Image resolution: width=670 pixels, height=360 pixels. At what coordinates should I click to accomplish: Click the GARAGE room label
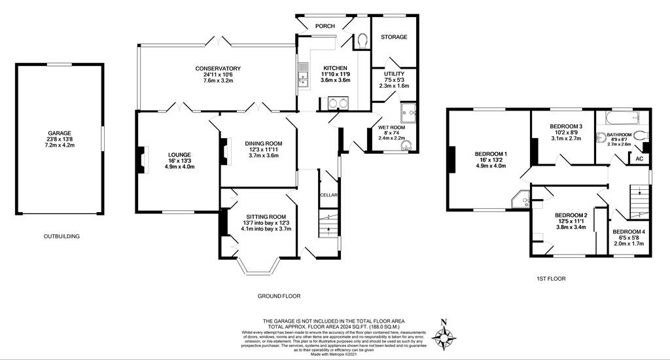pyautogui.click(x=60, y=133)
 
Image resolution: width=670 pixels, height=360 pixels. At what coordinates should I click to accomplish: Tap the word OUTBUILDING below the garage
pyautogui.click(x=62, y=236)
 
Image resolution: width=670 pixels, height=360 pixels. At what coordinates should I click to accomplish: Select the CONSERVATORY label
pyautogui.click(x=218, y=69)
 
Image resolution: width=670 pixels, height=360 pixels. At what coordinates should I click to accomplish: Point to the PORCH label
pyautogui.click(x=325, y=26)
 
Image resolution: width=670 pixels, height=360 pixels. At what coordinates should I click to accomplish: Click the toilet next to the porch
pyautogui.click(x=363, y=40)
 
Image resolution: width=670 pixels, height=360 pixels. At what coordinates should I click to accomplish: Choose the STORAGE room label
pyautogui.click(x=394, y=37)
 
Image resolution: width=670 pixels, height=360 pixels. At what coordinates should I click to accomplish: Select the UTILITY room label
pyautogui.click(x=394, y=74)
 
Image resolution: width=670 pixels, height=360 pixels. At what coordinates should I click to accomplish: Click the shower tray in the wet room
pyautogui.click(x=408, y=113)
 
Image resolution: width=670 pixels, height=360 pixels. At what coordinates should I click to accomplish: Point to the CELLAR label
pyautogui.click(x=329, y=196)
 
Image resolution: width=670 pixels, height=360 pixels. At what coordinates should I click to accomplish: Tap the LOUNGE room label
pyautogui.click(x=179, y=154)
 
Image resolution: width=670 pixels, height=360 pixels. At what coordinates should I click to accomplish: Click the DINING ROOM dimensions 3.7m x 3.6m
pyautogui.click(x=264, y=156)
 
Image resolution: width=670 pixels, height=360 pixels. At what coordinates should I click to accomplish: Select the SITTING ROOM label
pyautogui.click(x=266, y=217)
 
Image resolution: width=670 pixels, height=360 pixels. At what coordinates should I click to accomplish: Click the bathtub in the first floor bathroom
pyautogui.click(x=623, y=117)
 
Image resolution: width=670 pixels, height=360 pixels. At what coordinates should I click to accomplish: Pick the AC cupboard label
pyautogui.click(x=639, y=158)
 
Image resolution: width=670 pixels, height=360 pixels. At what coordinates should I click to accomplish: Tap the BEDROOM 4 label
pyautogui.click(x=629, y=232)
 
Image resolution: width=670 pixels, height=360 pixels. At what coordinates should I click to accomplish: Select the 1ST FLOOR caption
pyautogui.click(x=551, y=279)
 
